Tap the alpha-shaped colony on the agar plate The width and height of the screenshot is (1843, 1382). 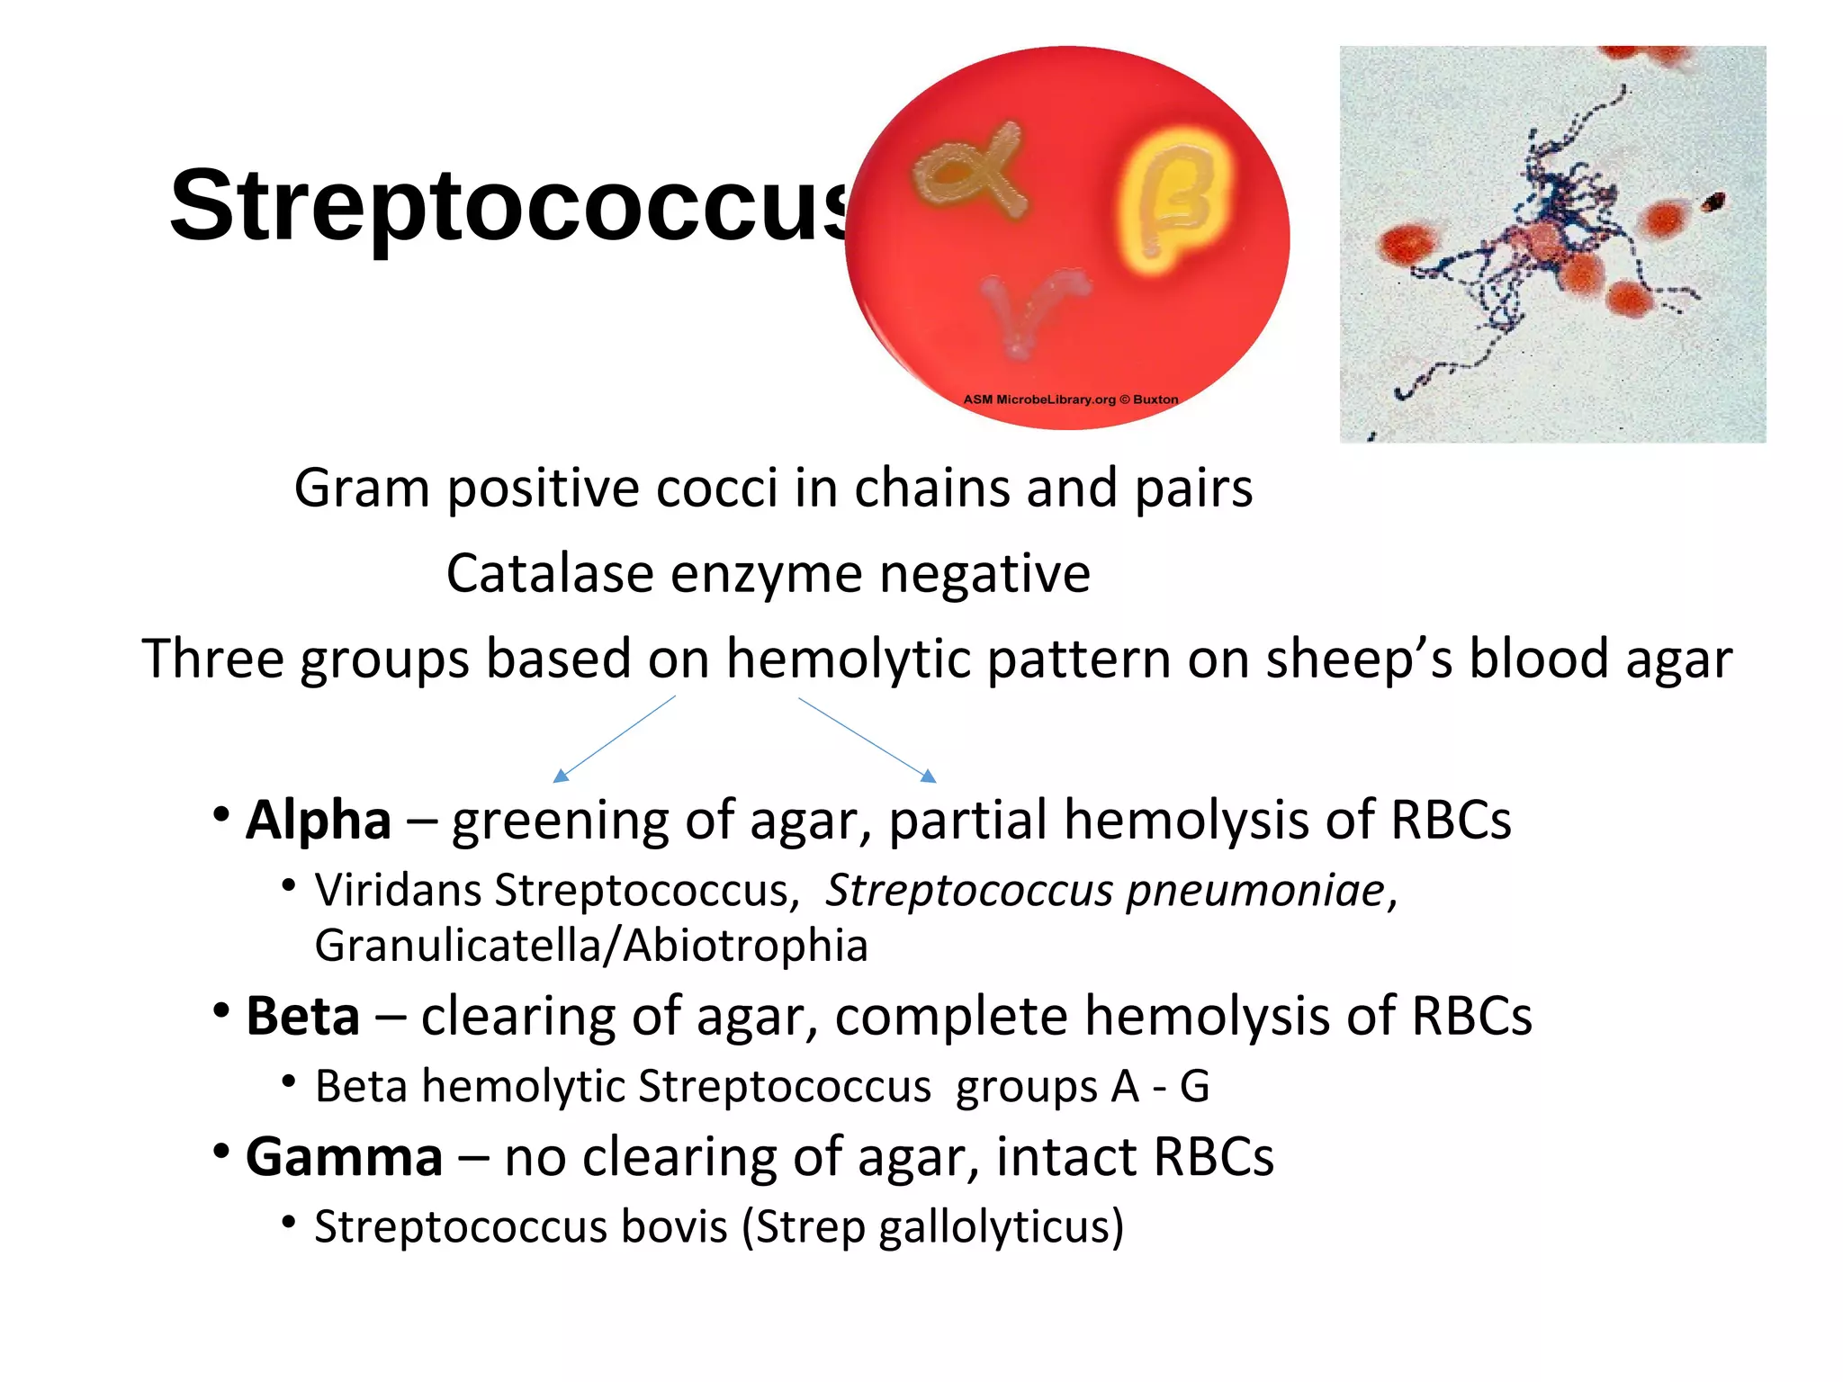tap(970, 171)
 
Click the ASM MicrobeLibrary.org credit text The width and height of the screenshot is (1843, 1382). tap(1070, 399)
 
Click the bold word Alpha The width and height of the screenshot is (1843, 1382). tap(319, 821)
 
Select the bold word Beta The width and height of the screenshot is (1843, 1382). tap(303, 1017)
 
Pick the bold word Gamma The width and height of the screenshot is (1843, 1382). tap(344, 1157)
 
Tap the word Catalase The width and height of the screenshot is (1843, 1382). tap(550, 574)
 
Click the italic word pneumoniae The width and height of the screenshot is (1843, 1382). tap(1255, 891)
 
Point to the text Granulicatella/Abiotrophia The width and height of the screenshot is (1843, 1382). tap(591, 946)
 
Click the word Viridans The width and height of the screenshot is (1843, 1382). tap(398, 891)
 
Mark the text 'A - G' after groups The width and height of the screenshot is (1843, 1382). tap(1160, 1087)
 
